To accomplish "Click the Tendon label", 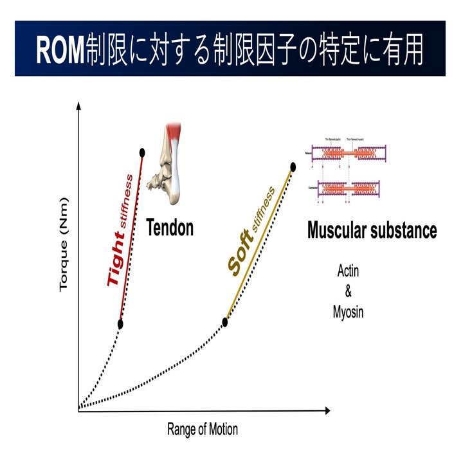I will (x=170, y=228).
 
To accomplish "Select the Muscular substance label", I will (x=372, y=230).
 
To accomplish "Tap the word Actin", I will (x=349, y=271).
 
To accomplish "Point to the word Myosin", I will (x=349, y=313).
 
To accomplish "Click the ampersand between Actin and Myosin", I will (x=349, y=292).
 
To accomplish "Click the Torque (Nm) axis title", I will (x=64, y=253).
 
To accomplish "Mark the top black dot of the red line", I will (x=141, y=152).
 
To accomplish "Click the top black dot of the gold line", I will (x=293, y=167).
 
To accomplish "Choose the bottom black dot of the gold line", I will (x=226, y=322).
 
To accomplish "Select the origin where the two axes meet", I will (x=78, y=410).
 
